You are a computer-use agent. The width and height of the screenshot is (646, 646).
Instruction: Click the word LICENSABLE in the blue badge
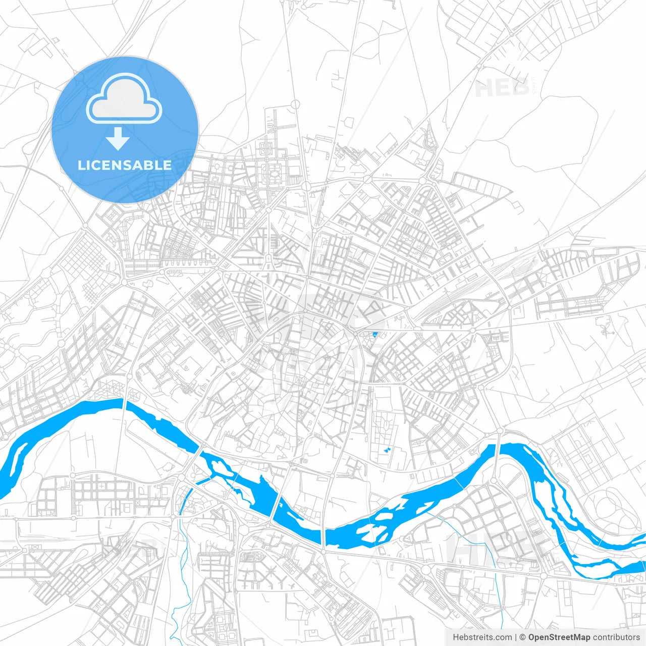(125, 165)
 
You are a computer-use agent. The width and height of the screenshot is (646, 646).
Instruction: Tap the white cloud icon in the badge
(124, 99)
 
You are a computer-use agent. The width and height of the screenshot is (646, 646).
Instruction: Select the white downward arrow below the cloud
(118, 139)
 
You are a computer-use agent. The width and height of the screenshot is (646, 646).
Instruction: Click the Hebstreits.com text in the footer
(482, 637)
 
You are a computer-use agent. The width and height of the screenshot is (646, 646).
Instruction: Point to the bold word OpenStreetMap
(559, 637)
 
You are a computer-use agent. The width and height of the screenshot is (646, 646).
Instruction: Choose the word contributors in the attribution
(616, 637)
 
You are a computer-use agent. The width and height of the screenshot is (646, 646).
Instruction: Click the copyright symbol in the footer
(522, 637)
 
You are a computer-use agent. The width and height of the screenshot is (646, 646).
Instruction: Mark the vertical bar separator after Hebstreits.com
(515, 637)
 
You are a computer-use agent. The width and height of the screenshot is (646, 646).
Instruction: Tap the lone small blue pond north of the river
(374, 334)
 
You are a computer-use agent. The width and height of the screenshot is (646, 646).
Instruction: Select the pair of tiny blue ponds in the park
(387, 449)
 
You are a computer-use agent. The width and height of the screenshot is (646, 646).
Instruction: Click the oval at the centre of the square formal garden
(275, 173)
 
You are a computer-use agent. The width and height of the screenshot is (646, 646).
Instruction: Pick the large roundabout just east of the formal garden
(306, 186)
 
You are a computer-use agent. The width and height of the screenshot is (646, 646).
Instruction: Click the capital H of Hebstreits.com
(456, 637)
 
